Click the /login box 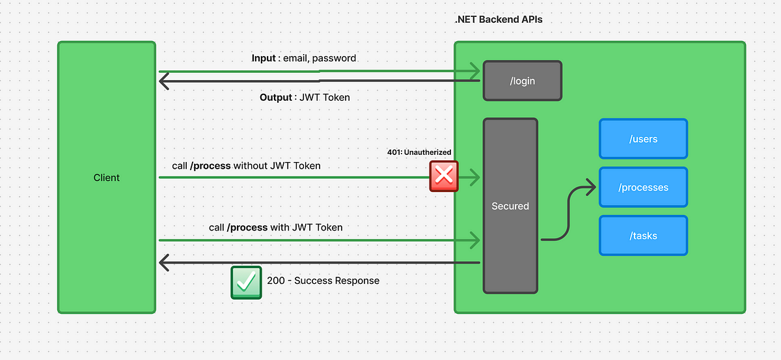coord(522,81)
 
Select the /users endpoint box coord(643,139)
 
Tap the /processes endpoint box coord(643,187)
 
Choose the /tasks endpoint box coord(643,236)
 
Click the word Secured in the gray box coord(510,206)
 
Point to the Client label coord(106,178)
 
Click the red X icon coord(444,176)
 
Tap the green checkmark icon coord(246,283)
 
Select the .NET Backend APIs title coord(499,19)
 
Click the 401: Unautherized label coord(419,152)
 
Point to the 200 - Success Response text coord(323,281)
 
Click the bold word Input coord(264,58)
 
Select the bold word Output coord(276,98)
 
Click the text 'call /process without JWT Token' coord(246,166)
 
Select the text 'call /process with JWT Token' coord(276,227)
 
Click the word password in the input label coord(334,58)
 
